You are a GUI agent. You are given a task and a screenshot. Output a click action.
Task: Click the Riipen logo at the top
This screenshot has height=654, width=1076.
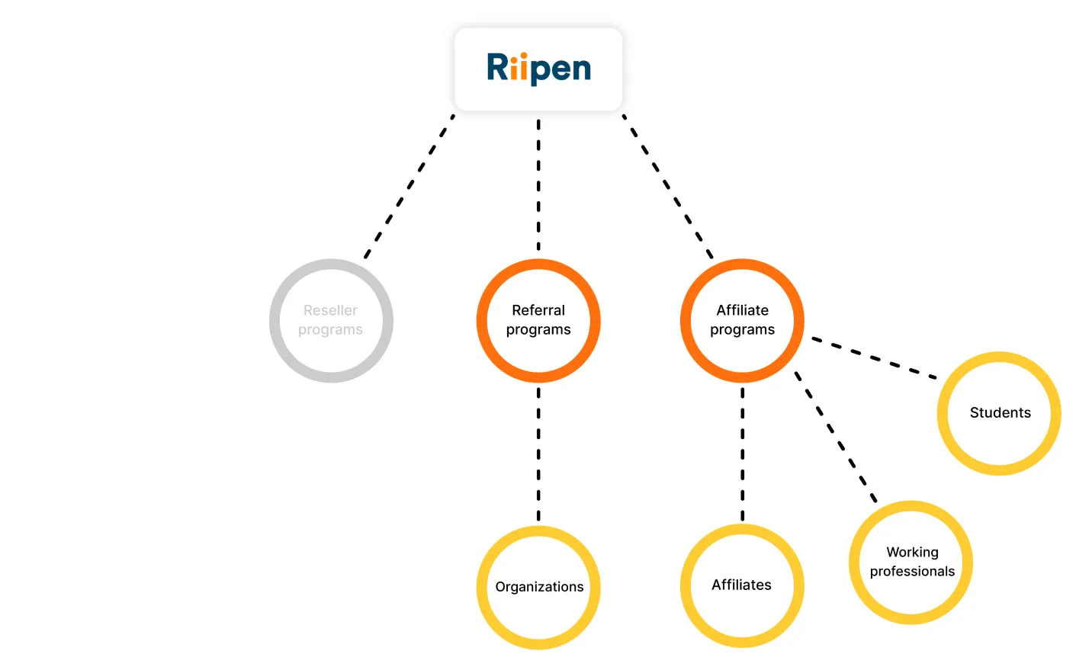(x=538, y=69)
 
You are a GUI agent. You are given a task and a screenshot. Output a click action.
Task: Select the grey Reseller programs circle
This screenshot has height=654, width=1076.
(x=331, y=321)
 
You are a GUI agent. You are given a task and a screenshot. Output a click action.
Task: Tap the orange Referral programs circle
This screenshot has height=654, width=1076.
(x=538, y=321)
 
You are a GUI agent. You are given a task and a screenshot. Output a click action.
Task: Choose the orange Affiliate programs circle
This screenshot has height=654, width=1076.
(x=742, y=321)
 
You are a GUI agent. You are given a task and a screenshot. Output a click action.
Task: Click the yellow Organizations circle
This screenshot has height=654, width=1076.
(x=538, y=587)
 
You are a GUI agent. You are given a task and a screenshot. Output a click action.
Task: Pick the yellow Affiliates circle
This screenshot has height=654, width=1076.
(x=741, y=585)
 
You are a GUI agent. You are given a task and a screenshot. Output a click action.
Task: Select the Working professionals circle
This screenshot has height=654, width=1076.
(x=911, y=563)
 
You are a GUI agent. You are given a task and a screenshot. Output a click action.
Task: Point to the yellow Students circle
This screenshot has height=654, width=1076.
(x=999, y=413)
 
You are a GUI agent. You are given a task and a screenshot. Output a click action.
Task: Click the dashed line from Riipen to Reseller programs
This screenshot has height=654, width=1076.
(x=410, y=187)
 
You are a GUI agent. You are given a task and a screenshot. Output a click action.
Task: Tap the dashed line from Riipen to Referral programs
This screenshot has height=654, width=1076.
(x=538, y=185)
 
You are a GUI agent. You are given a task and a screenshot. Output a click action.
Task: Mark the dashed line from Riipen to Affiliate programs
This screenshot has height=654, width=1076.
(x=668, y=187)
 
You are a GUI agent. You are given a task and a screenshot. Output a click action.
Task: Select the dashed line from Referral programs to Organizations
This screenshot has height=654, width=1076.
(x=538, y=454)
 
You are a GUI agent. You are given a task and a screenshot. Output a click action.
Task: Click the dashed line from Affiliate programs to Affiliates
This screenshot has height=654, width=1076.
(x=742, y=454)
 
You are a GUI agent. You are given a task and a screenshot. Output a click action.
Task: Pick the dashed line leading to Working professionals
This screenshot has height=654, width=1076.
(x=835, y=437)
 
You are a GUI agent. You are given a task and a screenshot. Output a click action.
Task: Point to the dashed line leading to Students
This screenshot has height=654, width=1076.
(x=874, y=357)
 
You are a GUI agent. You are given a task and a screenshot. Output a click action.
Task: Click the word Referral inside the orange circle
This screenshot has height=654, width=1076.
(x=538, y=310)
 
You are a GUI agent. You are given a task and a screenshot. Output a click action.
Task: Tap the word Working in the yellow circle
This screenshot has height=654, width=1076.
(x=912, y=552)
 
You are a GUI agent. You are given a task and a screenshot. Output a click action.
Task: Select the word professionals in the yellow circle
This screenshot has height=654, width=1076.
(x=912, y=572)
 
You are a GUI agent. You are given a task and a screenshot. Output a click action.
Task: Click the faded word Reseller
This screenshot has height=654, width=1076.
(x=330, y=310)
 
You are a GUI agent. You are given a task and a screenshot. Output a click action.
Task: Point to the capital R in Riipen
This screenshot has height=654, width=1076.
(x=497, y=67)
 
